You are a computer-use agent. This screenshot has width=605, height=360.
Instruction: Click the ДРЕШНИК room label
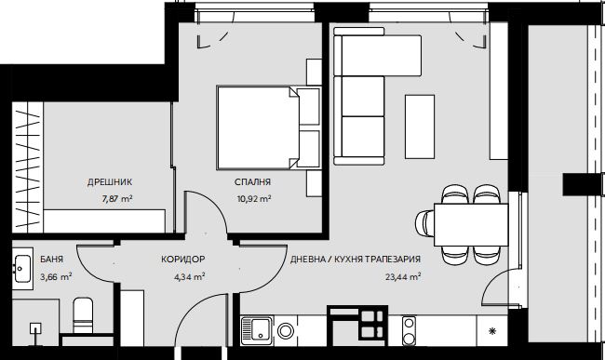(x=110, y=182)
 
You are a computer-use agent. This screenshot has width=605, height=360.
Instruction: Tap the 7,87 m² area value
(x=117, y=199)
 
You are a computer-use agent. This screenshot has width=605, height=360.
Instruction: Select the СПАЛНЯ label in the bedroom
(x=253, y=182)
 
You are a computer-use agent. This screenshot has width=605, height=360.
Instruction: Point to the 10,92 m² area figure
(x=253, y=199)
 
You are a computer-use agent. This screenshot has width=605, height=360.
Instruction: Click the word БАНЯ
(x=52, y=260)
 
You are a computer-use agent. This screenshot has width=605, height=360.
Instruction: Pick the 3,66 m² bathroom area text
(x=56, y=277)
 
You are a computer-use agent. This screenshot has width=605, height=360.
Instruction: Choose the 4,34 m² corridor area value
(x=189, y=277)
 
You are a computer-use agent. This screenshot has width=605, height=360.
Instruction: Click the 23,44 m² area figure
(x=403, y=277)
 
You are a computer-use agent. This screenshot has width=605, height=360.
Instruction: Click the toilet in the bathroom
(x=83, y=315)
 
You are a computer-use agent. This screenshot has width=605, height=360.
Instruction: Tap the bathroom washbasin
(x=22, y=267)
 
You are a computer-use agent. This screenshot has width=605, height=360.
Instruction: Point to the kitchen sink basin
(x=257, y=329)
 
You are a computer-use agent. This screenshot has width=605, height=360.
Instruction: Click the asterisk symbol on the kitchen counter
(x=492, y=331)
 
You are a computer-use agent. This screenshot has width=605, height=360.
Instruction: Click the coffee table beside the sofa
(x=420, y=127)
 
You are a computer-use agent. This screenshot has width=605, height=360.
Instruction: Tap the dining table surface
(x=471, y=225)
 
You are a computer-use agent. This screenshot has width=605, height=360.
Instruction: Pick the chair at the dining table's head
(x=424, y=225)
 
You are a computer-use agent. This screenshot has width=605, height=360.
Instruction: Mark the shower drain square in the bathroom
(x=36, y=328)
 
